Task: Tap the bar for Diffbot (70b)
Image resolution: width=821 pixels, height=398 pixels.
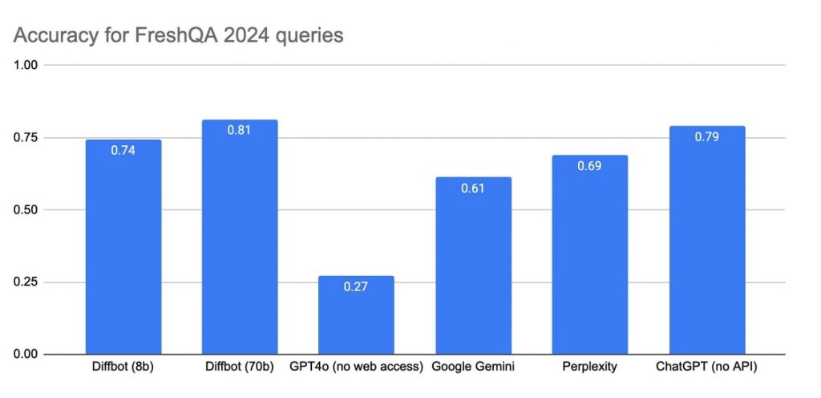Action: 240,241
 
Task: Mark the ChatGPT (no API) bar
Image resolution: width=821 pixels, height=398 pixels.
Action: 706,245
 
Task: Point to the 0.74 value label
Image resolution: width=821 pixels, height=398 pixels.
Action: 123,149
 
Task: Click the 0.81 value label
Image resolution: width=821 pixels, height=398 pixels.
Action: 240,129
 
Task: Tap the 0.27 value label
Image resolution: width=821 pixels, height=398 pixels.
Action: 356,286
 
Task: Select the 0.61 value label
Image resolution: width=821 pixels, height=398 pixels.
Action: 473,187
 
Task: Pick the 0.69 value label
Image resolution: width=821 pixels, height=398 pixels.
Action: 589,165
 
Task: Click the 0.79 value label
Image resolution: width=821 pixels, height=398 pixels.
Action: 706,136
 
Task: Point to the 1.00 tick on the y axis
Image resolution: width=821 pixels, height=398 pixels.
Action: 26,65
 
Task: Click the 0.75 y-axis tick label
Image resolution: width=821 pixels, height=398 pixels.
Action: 26,137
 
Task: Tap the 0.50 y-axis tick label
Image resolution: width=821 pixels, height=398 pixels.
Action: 26,209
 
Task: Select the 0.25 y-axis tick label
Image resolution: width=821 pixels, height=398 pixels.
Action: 26,282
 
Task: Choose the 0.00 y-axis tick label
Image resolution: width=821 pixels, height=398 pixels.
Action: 26,354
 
